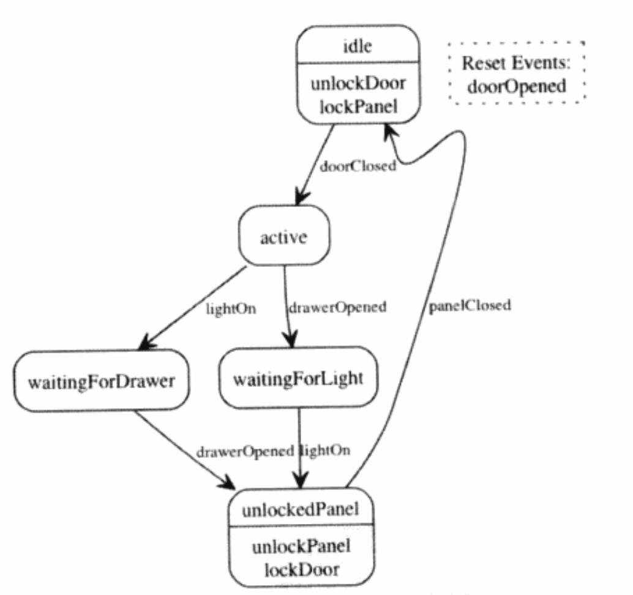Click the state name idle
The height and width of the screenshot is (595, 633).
[358, 47]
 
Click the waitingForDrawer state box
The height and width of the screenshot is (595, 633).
[101, 380]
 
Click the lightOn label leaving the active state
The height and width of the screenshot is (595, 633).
[230, 309]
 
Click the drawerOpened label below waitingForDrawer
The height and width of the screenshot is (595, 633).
[245, 452]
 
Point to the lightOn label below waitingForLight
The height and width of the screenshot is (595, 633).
[326, 452]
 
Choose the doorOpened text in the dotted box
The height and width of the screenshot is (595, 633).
[516, 86]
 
